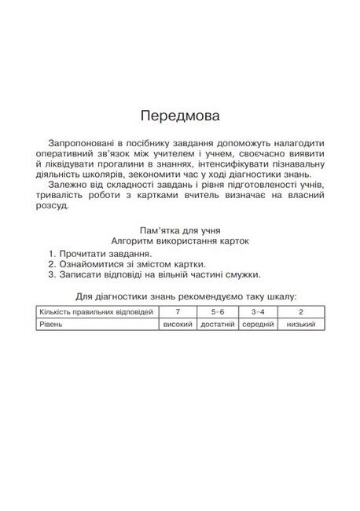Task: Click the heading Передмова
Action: tap(180, 116)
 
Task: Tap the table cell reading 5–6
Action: tap(217, 312)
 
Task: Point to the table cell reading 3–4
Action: tap(258, 312)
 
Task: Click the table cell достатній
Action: tap(217, 324)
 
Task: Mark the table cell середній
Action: tap(258, 324)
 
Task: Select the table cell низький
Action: tap(302, 324)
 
